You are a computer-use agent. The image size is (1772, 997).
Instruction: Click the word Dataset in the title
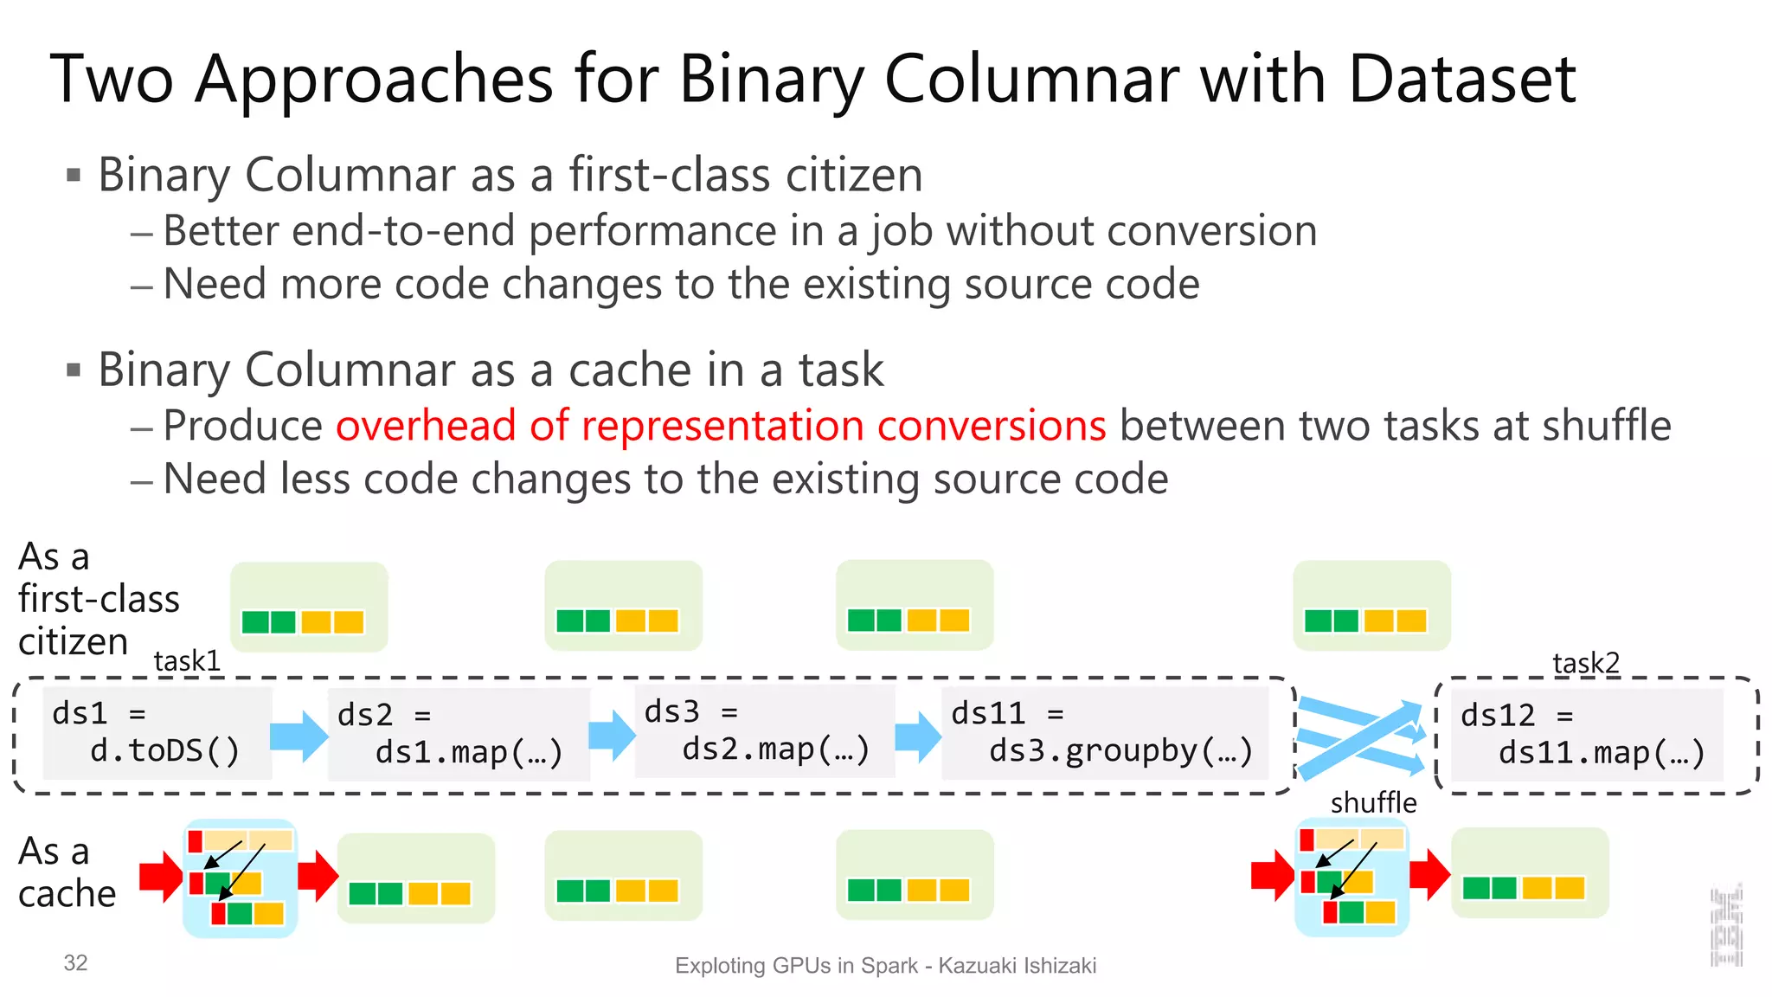tap(1461, 79)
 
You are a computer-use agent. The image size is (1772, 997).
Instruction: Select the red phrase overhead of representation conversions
tap(721, 426)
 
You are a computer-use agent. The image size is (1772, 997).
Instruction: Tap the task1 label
tap(187, 661)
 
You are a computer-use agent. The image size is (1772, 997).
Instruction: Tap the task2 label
tap(1585, 663)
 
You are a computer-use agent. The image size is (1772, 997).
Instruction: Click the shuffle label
tap(1373, 803)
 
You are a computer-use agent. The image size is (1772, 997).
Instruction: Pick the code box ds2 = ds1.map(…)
tap(459, 735)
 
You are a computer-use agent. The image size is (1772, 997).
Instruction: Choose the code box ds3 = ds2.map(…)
tap(765, 731)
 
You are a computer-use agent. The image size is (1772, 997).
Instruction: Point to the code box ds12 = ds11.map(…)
tap(1586, 735)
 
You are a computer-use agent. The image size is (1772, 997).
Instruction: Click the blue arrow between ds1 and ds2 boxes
tap(299, 736)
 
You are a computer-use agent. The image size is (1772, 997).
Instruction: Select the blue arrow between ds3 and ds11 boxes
tap(917, 736)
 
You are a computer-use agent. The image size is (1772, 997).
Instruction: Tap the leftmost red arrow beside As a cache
tap(161, 876)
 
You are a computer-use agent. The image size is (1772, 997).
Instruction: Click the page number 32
tap(75, 963)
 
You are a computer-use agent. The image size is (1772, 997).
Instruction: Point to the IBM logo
tap(1727, 926)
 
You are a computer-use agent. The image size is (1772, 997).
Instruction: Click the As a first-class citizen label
tap(98, 599)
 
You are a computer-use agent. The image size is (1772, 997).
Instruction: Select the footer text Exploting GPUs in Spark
tap(795, 966)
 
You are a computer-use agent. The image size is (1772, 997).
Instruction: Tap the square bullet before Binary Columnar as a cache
tap(74, 371)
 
